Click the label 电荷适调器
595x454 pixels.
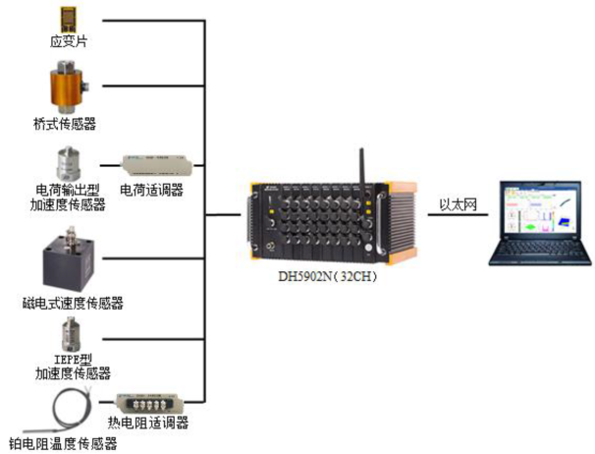coord(151,189)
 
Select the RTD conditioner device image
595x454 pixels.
coord(151,401)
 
